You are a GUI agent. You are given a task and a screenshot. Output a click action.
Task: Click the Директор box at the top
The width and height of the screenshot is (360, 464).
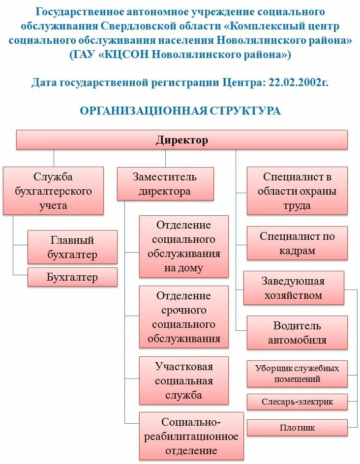(182, 140)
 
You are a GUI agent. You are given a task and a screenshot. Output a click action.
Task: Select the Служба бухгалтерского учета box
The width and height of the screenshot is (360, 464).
(53, 191)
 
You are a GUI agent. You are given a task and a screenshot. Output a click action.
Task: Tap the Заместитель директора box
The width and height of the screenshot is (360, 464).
(165, 184)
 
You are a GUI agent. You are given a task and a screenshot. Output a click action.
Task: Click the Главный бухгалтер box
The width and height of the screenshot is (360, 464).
(72, 247)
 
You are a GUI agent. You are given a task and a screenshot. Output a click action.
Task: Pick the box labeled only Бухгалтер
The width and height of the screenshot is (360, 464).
(72, 277)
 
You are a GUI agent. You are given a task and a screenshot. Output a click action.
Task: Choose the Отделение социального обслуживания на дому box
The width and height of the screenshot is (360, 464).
(184, 247)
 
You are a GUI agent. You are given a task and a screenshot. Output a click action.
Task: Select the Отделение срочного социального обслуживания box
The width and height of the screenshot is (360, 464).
(184, 317)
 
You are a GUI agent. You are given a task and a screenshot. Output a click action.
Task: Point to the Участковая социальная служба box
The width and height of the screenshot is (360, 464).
(184, 380)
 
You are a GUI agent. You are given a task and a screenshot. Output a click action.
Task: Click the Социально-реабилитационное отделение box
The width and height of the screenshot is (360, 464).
(191, 436)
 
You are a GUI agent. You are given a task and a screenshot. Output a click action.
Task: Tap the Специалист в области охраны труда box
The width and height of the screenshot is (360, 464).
(297, 191)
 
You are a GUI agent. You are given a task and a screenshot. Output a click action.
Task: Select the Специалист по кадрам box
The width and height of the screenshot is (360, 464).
(297, 243)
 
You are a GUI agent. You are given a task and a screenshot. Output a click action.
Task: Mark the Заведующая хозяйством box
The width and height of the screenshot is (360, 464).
(293, 288)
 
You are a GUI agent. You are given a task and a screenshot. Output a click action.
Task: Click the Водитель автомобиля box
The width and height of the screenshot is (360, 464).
(297, 333)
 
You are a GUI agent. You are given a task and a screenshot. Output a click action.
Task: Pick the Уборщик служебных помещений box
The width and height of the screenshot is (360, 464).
(297, 374)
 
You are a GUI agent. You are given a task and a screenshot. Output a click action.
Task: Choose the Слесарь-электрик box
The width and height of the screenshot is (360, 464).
(297, 402)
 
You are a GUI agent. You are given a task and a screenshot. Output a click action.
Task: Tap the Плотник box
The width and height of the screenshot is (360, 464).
(297, 428)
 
